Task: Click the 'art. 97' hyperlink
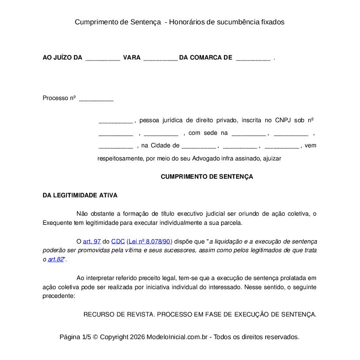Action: [92, 241]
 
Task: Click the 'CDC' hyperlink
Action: [118, 241]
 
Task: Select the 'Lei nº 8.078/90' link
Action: [150, 241]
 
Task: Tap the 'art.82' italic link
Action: [56, 260]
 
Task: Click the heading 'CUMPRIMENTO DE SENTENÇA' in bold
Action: [207, 177]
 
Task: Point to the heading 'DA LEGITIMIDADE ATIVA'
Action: [80, 196]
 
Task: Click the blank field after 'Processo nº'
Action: [96, 99]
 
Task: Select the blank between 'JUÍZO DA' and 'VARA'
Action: [103, 58]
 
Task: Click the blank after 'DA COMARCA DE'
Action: [253, 58]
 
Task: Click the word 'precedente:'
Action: [59, 296]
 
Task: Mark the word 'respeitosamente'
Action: [120, 159]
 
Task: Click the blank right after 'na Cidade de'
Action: [198, 146]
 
